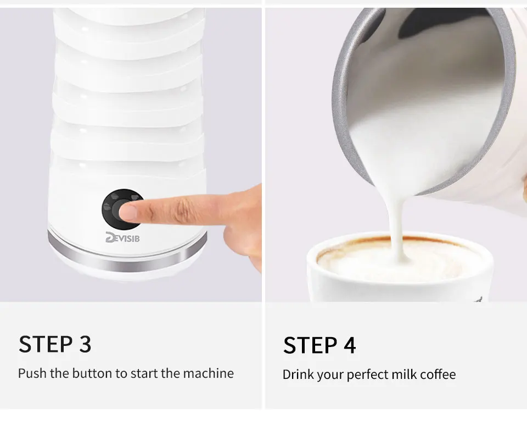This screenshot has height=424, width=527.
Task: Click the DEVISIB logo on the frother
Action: pos(122,238)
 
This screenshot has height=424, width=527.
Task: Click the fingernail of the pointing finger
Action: pos(128,212)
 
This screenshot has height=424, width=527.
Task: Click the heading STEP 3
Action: pos(55,344)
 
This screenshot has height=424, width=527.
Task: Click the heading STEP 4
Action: pos(319,345)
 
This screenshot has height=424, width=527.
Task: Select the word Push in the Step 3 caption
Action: pos(32,373)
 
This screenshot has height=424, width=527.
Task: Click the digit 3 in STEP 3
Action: pos(86,344)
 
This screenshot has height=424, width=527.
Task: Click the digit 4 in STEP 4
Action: pos(350,345)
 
